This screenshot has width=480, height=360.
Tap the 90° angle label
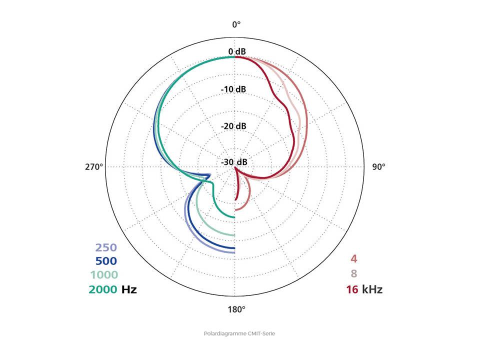378,166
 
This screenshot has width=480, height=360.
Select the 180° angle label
236,309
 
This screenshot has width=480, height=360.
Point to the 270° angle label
94,166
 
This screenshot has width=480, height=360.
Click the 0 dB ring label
236,52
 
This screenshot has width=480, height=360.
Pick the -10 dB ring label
234,89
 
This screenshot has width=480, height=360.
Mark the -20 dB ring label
234,126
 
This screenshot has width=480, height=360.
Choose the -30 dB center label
234,162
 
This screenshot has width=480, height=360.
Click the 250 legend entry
105,247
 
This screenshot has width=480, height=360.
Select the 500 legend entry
105,260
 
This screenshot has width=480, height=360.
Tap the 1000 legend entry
103,274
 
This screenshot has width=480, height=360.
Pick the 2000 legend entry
103,289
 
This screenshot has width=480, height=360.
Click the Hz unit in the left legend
128,289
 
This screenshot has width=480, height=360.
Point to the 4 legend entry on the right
353,259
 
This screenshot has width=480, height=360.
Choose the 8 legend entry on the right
353,274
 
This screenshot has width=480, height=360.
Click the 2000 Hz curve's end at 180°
234,216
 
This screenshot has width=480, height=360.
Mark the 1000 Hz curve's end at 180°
234,234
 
